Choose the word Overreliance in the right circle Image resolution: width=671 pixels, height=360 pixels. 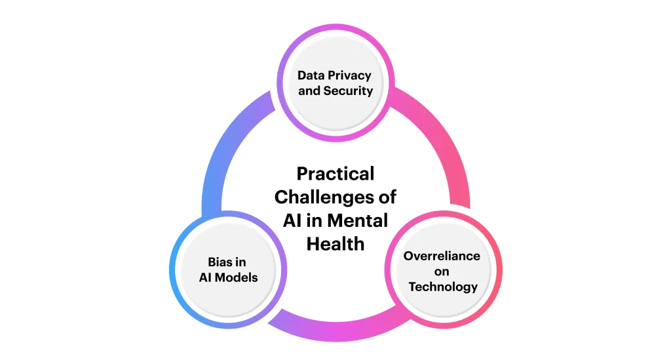click(442, 256)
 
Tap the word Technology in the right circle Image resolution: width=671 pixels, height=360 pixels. click(442, 287)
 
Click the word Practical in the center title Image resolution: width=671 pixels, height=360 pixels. click(335, 174)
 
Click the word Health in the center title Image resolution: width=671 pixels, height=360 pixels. click(335, 243)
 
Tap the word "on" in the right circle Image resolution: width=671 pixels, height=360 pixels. click(442, 271)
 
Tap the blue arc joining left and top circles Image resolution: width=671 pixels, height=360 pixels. click(223, 144)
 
